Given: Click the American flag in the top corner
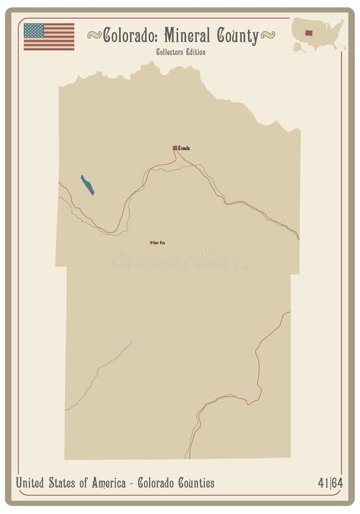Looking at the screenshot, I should click(x=49, y=37).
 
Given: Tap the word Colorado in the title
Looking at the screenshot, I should click(x=131, y=36).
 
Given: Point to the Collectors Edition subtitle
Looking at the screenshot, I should click(x=181, y=52).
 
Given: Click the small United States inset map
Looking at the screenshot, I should click(x=317, y=35).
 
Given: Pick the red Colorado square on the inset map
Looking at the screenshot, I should click(x=309, y=33).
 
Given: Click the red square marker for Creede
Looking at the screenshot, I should click(x=175, y=148).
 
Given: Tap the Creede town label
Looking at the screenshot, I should click(x=184, y=148).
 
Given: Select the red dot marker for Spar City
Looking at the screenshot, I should click(x=151, y=243).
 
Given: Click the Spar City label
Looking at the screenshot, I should click(x=159, y=243).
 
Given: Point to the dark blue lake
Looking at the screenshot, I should click(x=87, y=185).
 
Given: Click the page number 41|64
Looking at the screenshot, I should click(x=330, y=483).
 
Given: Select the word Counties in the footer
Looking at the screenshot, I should click(x=194, y=483).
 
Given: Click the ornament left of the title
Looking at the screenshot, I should click(x=94, y=35).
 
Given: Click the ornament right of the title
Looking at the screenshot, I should click(x=267, y=35).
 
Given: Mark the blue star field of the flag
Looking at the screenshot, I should click(x=34, y=30).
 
